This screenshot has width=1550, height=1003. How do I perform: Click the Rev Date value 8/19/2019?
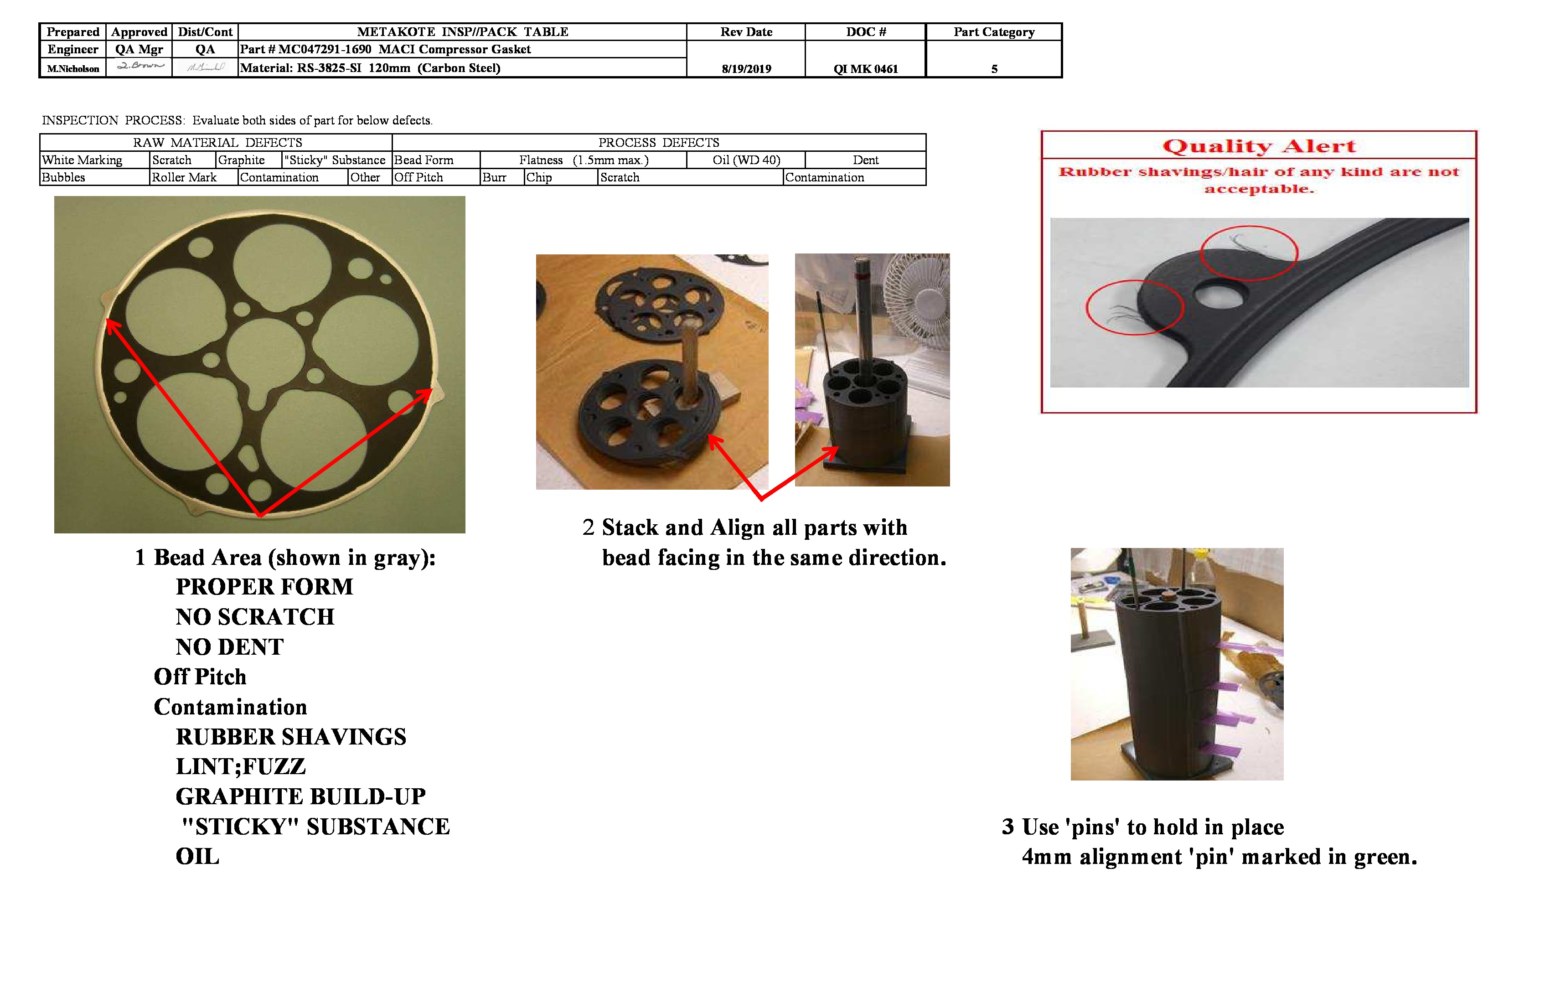(x=746, y=68)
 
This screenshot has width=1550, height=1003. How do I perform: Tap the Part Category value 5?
(x=994, y=68)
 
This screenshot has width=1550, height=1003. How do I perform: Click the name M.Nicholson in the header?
(x=73, y=68)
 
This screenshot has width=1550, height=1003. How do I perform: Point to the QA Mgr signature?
(x=139, y=66)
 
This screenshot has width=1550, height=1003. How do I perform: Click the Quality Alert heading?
(x=1258, y=146)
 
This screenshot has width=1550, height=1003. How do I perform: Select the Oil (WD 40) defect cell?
(x=746, y=160)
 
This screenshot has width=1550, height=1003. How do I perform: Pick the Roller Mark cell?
(x=184, y=177)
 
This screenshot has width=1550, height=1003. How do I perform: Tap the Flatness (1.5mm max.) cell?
(x=584, y=160)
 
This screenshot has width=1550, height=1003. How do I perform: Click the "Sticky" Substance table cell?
(x=335, y=160)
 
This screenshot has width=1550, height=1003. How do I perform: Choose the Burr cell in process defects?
(x=494, y=177)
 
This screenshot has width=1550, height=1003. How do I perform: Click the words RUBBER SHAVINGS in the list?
(x=290, y=737)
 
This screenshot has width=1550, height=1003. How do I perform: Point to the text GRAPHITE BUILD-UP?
(x=300, y=796)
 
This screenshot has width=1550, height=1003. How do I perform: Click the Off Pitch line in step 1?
(x=200, y=677)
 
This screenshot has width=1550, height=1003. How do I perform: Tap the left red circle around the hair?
(x=1135, y=307)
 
